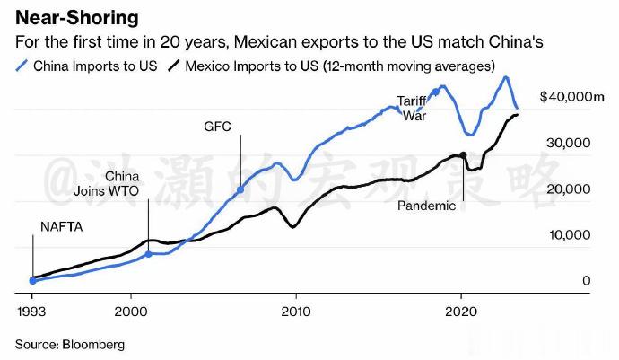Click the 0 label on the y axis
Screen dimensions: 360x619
pos(586,281)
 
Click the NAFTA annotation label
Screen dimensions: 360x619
pos(62,227)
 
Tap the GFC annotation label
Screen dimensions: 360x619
pos(218,127)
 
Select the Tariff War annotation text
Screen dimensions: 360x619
pos(411,108)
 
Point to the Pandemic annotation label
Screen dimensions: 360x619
pos(427,206)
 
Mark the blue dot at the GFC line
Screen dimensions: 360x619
pos(240,190)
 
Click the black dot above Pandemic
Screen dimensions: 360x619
pos(463,155)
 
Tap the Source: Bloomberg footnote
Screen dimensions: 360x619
pos(69,344)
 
